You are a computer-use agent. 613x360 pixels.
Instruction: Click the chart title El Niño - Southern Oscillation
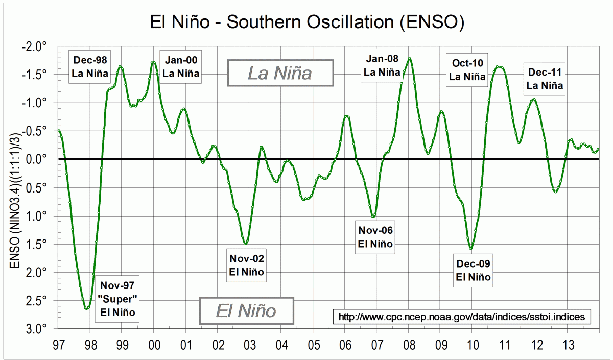click(306, 22)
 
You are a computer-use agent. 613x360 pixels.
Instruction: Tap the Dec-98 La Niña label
click(90, 66)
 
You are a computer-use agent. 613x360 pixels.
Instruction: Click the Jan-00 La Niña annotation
click(181, 66)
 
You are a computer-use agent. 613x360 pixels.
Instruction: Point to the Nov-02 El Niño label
click(246, 265)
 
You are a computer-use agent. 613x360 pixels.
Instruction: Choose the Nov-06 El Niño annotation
click(375, 237)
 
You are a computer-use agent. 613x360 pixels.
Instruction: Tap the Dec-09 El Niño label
click(473, 270)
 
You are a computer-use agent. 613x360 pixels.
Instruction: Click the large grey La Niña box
click(280, 73)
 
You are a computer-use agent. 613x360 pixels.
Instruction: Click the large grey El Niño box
click(247, 310)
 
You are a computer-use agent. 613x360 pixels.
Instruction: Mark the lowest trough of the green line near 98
click(86, 308)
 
